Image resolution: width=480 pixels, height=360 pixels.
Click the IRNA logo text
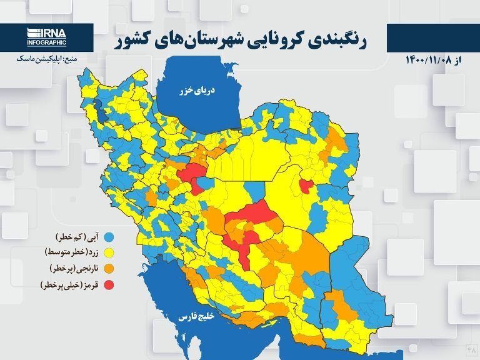tap(47, 33)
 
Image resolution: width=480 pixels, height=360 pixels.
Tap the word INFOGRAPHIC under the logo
tap(46, 42)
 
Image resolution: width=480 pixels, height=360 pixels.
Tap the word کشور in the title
tap(135, 41)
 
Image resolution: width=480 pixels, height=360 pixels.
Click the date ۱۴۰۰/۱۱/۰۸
tap(429, 59)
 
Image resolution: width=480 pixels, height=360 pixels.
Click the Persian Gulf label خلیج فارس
tap(196, 317)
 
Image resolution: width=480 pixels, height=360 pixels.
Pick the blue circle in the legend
tap(109, 237)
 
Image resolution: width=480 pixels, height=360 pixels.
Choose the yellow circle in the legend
tap(109, 253)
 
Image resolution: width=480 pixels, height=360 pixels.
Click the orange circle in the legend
tap(109, 269)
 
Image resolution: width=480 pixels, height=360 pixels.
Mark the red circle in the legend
tap(109, 286)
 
